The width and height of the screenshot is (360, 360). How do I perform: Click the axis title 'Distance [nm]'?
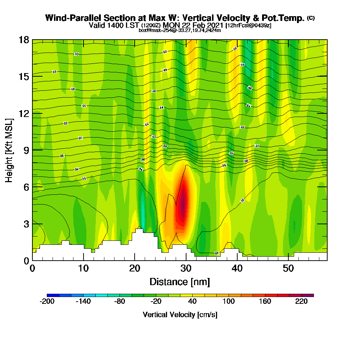point(180,282)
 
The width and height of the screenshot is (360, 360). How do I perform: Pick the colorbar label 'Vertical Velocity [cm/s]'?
point(180,315)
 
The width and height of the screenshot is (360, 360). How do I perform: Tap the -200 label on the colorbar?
point(47,302)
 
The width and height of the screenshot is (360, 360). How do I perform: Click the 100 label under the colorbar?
point(229,302)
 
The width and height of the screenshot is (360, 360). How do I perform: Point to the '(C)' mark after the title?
point(311,18)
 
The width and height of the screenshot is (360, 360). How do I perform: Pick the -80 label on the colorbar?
point(120,302)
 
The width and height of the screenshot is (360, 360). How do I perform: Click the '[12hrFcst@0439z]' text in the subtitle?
point(248,26)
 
